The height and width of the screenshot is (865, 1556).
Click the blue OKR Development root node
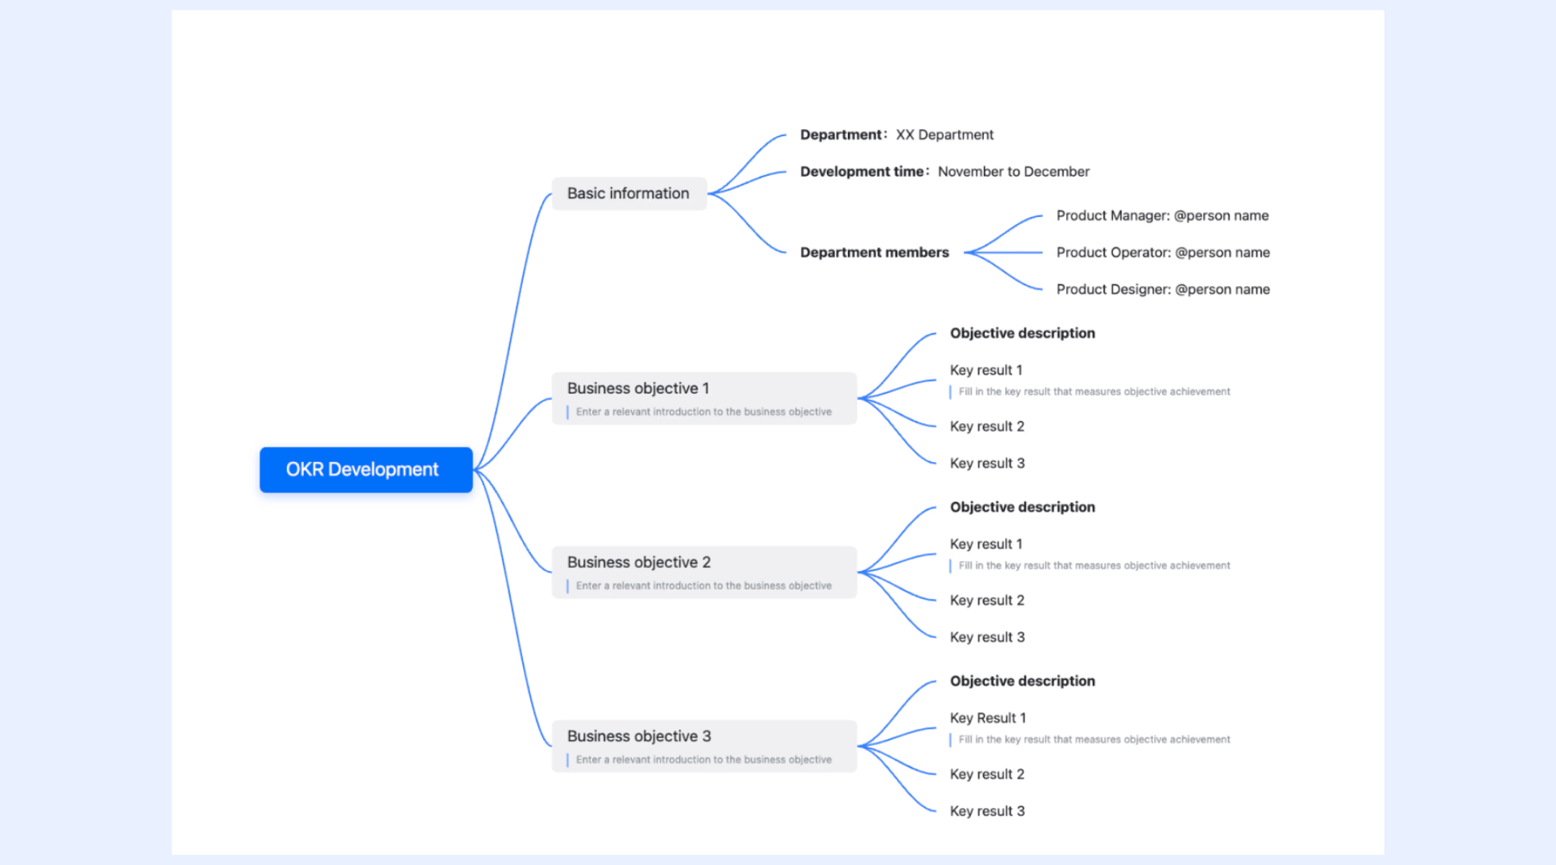click(366, 470)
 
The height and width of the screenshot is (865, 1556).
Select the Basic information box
click(629, 193)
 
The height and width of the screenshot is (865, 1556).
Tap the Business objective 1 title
click(638, 389)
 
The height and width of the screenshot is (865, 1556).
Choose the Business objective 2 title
click(639, 562)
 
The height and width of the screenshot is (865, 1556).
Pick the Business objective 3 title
click(639, 736)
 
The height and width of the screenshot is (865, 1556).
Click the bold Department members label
click(875, 252)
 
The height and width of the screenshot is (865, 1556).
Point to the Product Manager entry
click(1163, 216)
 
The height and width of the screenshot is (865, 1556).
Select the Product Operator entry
click(1163, 252)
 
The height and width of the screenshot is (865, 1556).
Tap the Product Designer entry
click(1163, 289)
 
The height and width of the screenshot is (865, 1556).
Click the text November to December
click(1014, 172)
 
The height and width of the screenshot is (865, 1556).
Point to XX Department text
click(944, 135)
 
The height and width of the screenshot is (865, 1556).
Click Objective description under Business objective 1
click(1022, 333)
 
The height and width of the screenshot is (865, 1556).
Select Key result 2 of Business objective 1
click(987, 427)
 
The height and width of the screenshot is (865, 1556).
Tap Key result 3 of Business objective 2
click(987, 637)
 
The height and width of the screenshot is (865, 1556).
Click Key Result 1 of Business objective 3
click(988, 718)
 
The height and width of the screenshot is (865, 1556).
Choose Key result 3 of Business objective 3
click(987, 811)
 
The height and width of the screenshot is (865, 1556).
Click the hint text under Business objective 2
click(704, 586)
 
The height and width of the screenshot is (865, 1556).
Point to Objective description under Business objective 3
click(1022, 681)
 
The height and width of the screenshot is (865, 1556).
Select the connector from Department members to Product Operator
click(1003, 252)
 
